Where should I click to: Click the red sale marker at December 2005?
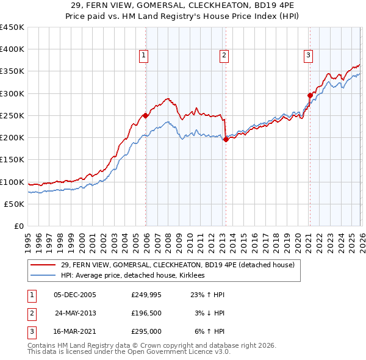(145, 115)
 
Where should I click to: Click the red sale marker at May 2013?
(226, 139)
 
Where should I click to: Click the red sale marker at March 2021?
(310, 95)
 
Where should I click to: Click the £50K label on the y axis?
(14, 204)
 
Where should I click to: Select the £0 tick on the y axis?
(19, 226)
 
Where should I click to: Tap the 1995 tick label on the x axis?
(28, 238)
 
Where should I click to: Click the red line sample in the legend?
(44, 265)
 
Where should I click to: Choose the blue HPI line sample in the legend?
(44, 276)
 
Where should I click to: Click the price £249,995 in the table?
(146, 295)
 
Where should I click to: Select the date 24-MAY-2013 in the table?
(76, 313)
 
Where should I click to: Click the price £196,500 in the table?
(146, 313)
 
